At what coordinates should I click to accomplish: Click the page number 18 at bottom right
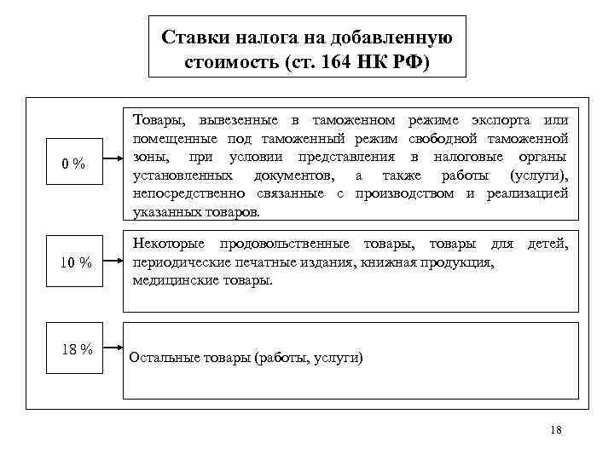557,429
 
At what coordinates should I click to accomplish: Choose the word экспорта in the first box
496,120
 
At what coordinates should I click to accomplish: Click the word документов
292,175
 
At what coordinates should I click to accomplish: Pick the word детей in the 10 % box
547,245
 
